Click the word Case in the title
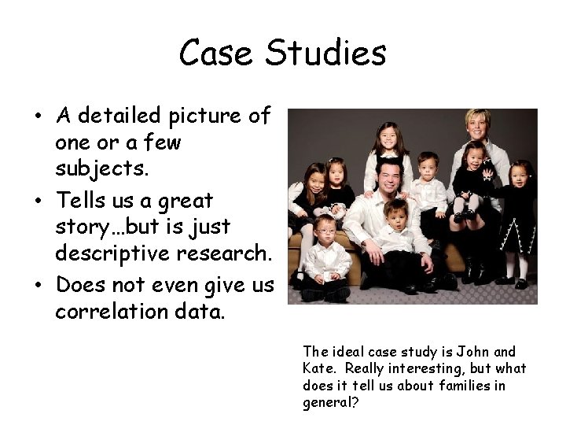(216, 54)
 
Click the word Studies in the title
(326, 54)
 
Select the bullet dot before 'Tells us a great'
(37, 200)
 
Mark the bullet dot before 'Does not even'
(37, 285)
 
